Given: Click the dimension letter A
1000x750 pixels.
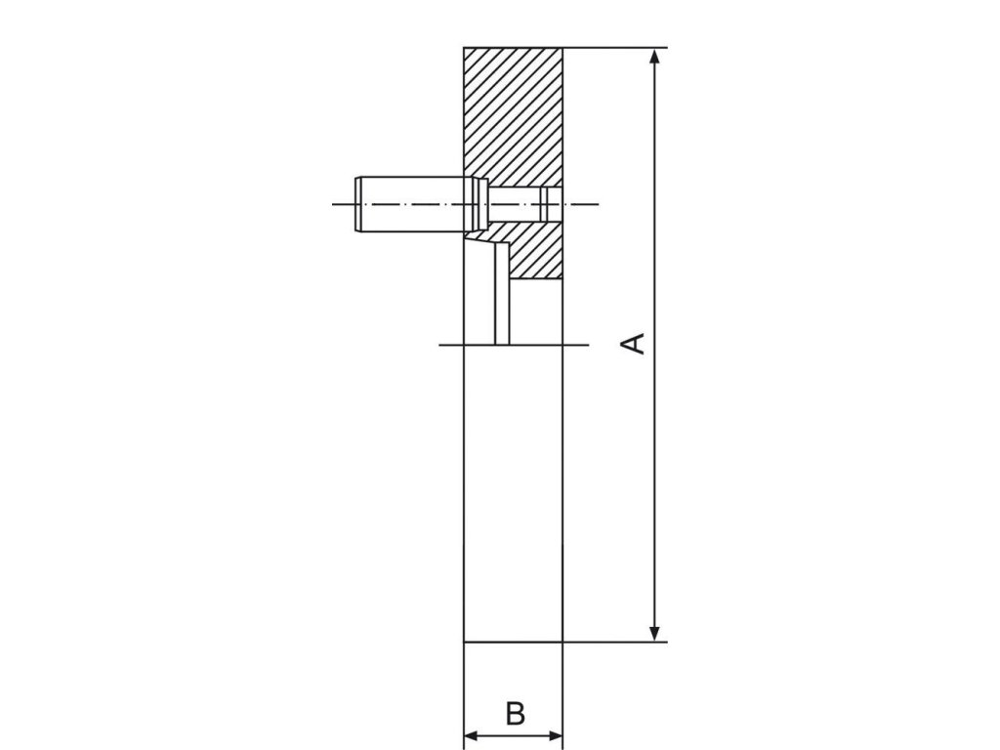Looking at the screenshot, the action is click(635, 343).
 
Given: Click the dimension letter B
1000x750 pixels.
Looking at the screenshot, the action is click(515, 713).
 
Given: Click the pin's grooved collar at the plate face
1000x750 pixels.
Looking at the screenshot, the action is click(476, 204).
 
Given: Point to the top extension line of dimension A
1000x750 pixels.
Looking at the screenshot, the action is click(615, 48).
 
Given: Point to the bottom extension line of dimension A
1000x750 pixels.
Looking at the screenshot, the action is click(615, 642).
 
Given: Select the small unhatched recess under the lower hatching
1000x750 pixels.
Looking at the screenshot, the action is click(536, 312).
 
